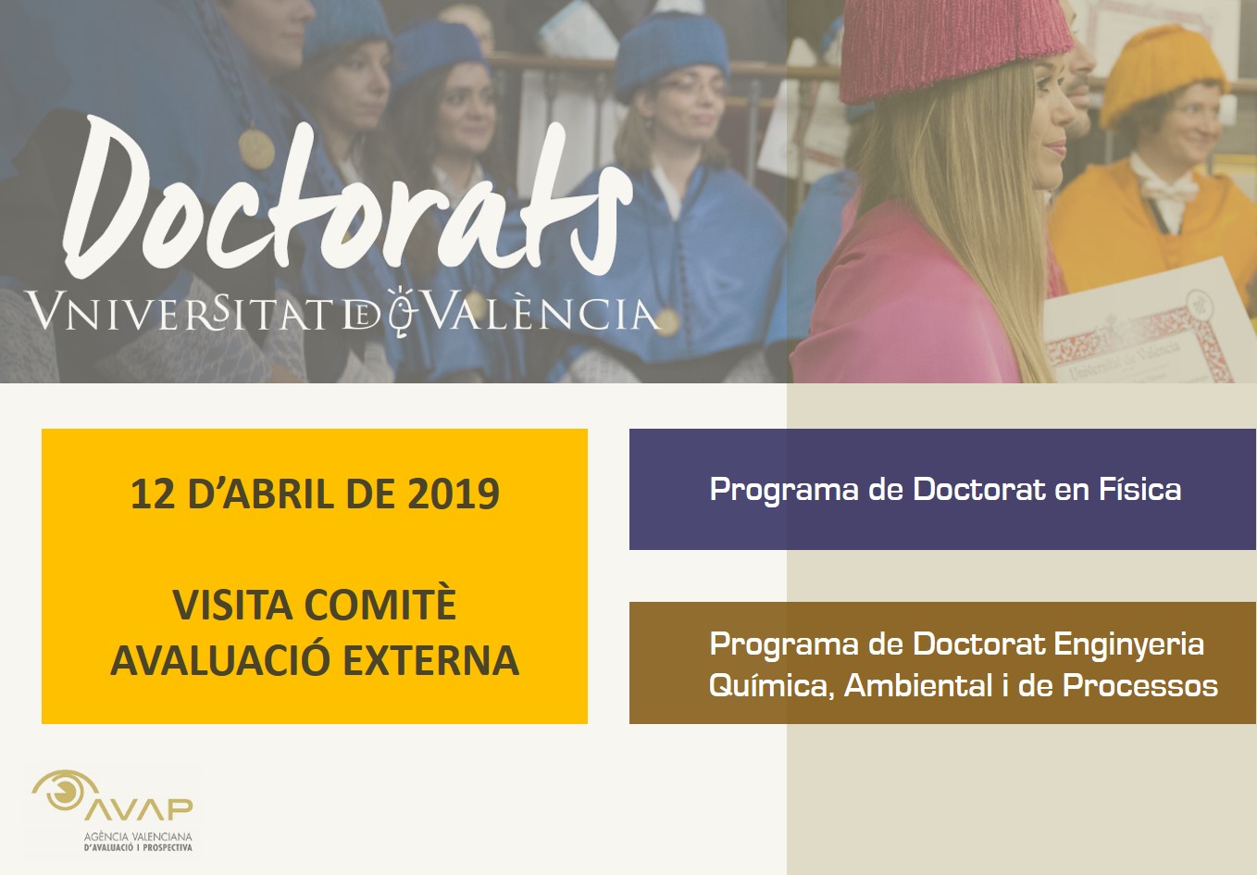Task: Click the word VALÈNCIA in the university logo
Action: [x=541, y=310]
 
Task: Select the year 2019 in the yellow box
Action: [x=454, y=494]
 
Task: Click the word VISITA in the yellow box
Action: [x=232, y=605]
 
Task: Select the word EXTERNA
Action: [x=431, y=660]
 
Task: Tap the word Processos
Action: [x=1140, y=685]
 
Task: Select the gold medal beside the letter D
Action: [x=255, y=149]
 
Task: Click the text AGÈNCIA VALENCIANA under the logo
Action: [x=138, y=837]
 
